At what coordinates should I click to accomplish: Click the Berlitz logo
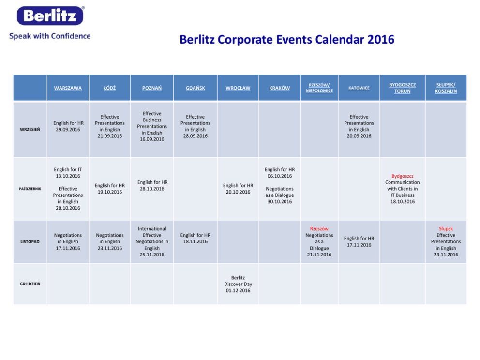(50, 15)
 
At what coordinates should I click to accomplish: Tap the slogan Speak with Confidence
(50, 36)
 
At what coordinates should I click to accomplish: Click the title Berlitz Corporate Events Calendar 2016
(287, 40)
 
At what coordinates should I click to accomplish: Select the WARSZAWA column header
(68, 88)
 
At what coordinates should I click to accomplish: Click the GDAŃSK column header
(195, 88)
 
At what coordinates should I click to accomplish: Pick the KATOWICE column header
(359, 88)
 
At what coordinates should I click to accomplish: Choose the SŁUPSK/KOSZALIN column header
(446, 88)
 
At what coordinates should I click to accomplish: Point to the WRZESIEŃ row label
(30, 130)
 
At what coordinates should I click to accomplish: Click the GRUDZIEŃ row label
(30, 284)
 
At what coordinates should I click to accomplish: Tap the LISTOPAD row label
(30, 242)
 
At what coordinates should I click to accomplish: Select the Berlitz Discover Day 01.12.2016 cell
(238, 284)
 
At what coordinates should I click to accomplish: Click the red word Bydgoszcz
(402, 176)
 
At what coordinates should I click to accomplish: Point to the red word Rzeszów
(319, 229)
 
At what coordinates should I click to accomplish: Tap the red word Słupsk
(446, 229)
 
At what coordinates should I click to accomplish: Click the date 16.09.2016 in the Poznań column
(152, 139)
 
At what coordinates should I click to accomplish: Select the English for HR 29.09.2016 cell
(68, 126)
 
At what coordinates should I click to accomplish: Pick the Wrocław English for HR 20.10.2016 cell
(238, 189)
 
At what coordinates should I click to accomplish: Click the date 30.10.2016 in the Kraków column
(280, 202)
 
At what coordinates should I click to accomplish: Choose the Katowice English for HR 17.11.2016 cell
(359, 242)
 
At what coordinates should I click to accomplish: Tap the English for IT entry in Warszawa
(68, 169)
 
